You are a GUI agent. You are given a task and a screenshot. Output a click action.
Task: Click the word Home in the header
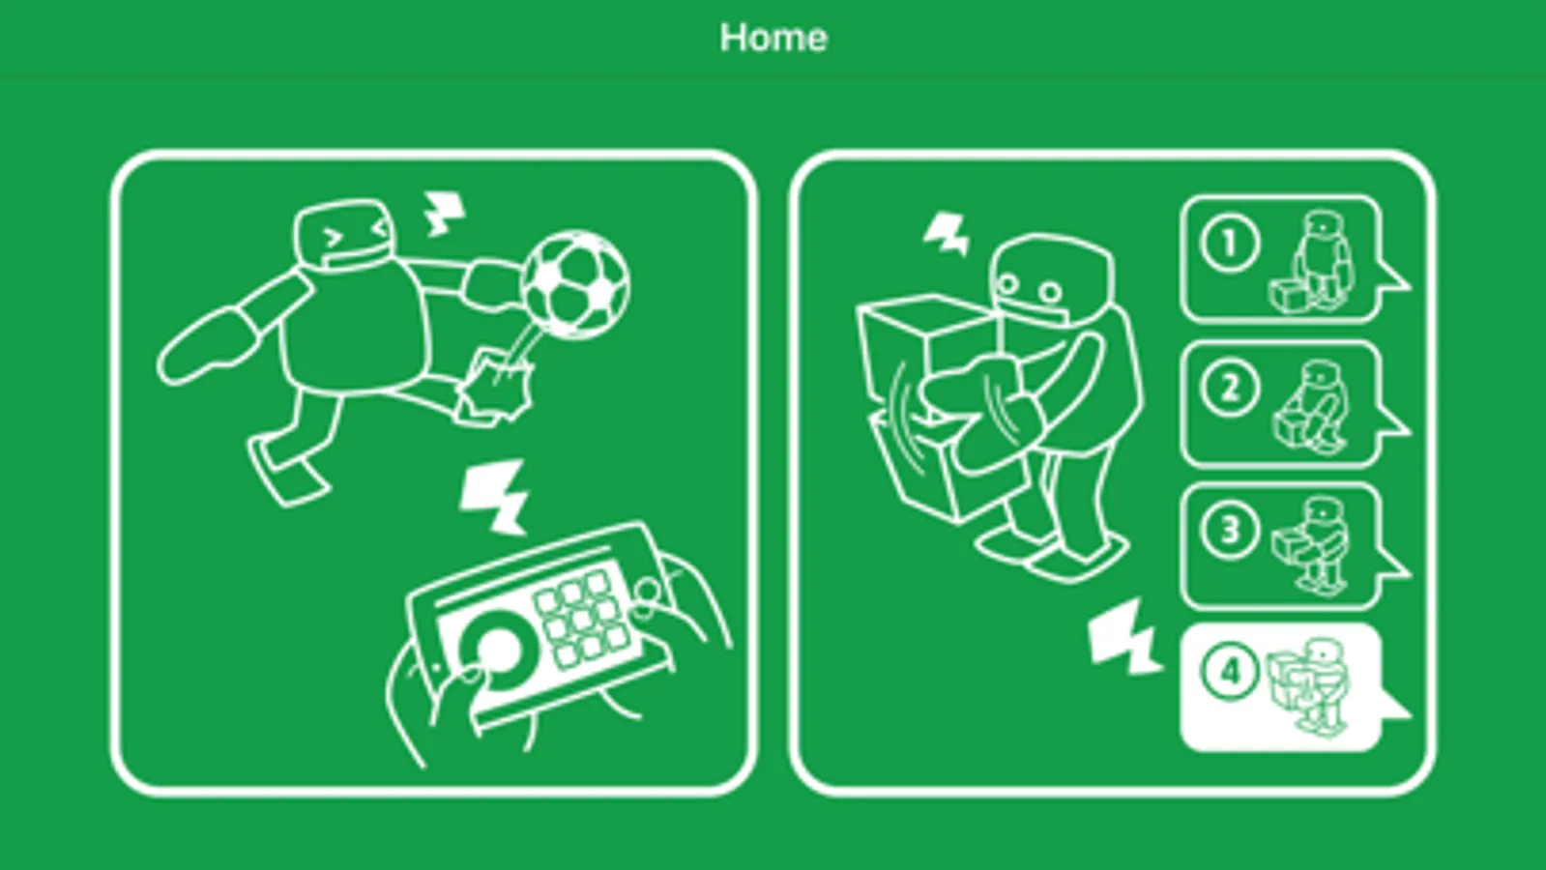coord(773,38)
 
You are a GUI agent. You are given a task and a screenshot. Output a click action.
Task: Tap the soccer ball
coord(575,285)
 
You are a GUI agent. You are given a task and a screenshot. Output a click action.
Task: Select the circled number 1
coord(1230,244)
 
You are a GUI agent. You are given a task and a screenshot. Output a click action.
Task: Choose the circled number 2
coord(1230,388)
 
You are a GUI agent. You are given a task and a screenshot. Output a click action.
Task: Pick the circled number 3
coord(1230,531)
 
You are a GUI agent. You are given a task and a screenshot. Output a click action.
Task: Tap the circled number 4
coord(1230,671)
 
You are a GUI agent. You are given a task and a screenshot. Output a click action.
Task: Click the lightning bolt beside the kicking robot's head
coord(445,214)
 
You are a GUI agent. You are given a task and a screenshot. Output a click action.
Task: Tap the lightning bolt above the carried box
coord(947,235)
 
